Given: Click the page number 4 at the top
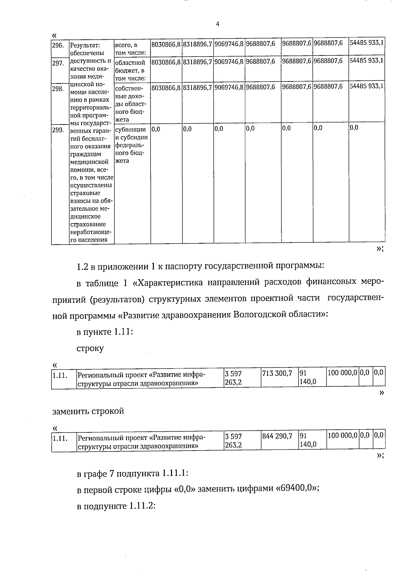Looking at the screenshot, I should [x=217, y=24].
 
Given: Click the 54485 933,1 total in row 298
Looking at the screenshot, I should [x=367, y=86].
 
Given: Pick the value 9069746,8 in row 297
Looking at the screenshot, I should [x=229, y=62].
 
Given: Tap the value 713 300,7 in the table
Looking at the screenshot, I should [x=277, y=373].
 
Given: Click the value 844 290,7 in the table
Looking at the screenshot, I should [x=277, y=436].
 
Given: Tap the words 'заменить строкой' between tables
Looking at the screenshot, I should [x=88, y=411].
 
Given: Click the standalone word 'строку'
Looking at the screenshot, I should [x=90, y=348].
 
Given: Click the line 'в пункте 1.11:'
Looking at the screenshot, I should [x=105, y=332].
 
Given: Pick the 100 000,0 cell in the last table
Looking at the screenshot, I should [x=342, y=436].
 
